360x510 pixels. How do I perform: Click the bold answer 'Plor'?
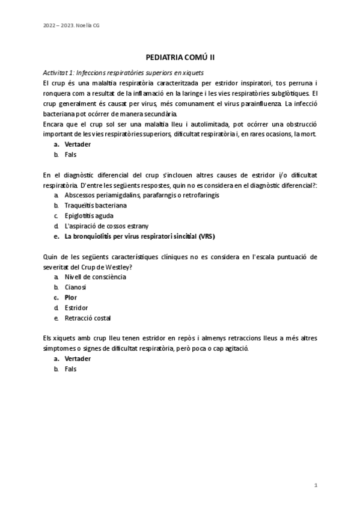pos(71,297)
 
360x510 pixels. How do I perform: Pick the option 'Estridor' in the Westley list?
pos(76,307)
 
